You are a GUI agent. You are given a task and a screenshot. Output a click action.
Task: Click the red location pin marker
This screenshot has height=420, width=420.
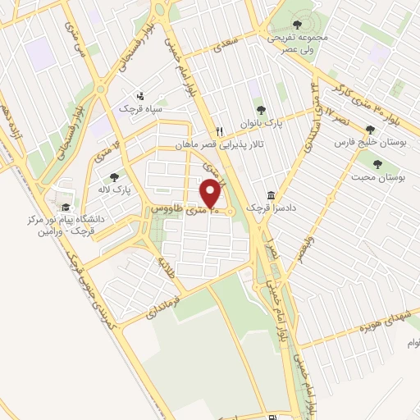click(211, 194)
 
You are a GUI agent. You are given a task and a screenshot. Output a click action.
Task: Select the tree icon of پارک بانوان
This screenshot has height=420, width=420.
click(262, 108)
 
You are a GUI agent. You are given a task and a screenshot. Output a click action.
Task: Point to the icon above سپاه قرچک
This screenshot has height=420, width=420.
click(140, 94)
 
